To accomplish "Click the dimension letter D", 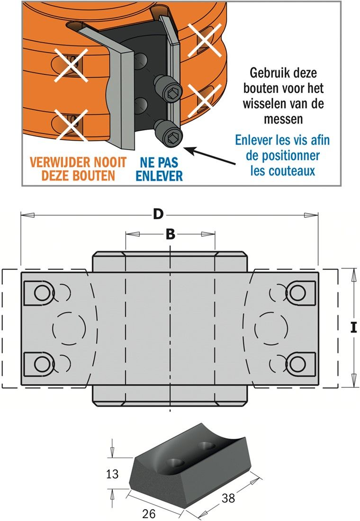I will (158, 214).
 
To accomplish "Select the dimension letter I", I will (353, 327).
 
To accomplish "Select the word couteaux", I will (283, 171).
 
